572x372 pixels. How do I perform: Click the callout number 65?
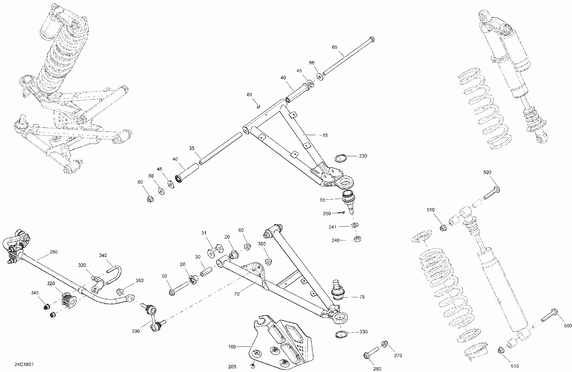pyautogui.click(x=335, y=47)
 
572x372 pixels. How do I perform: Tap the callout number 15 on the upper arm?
pyautogui.click(x=325, y=135)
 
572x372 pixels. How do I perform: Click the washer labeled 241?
pyautogui.click(x=355, y=225)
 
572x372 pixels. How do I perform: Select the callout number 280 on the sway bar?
pyautogui.click(x=53, y=252)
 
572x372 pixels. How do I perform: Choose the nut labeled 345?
pyautogui.click(x=46, y=307)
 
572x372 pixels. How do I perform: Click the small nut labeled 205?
pyautogui.click(x=253, y=365)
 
